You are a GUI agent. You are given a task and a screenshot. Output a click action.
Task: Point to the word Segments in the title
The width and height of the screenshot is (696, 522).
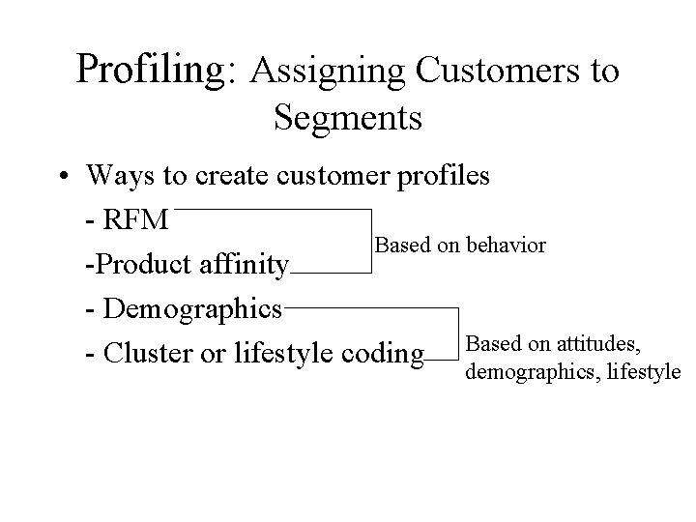coord(347,117)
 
